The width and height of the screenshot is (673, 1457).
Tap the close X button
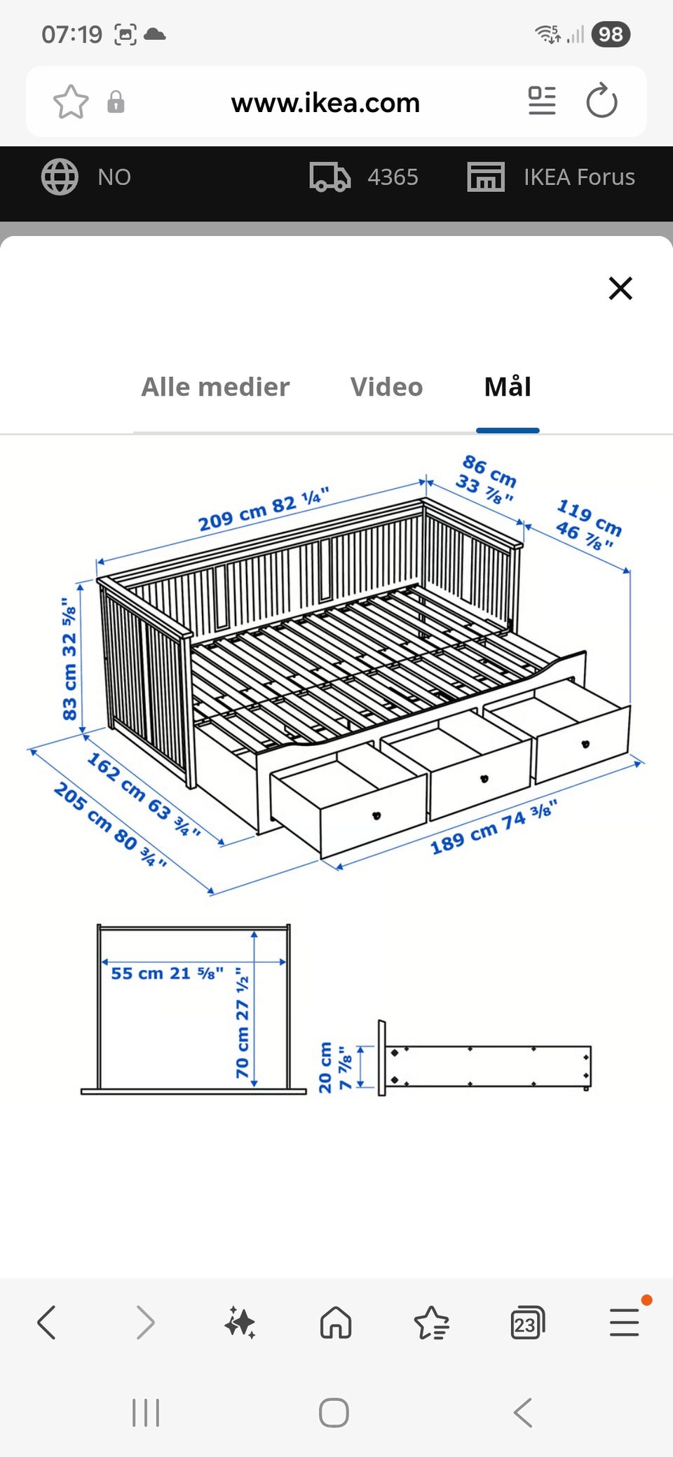click(x=620, y=288)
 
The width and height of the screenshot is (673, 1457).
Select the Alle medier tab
click(x=215, y=387)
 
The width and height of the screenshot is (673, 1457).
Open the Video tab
click(x=386, y=387)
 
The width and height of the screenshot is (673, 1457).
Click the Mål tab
click(x=508, y=386)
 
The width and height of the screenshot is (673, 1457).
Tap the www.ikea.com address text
click(x=325, y=103)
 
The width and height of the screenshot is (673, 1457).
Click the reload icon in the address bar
click(x=601, y=101)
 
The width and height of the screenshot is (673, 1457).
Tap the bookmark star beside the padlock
click(x=71, y=102)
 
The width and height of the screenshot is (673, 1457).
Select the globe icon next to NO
click(x=60, y=177)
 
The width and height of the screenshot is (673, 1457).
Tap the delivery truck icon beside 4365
click(x=329, y=177)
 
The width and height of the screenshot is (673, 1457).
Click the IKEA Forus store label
click(x=579, y=177)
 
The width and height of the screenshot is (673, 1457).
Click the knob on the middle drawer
click(x=483, y=778)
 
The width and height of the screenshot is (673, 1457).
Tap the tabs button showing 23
click(x=527, y=1323)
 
